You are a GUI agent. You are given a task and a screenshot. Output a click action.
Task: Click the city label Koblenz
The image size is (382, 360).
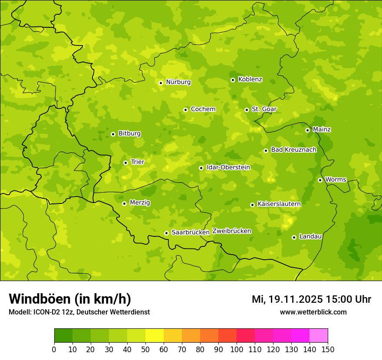pos(250,79)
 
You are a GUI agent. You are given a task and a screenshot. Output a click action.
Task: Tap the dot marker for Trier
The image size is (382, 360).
pos(125,163)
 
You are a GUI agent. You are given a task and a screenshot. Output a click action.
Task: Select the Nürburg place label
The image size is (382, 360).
pos(178,82)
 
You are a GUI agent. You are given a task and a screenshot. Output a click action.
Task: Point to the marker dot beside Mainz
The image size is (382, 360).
pos(307,130)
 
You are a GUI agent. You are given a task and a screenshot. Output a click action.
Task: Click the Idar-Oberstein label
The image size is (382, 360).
pos(228,167)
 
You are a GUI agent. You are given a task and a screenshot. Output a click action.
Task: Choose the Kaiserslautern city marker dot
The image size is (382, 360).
pos(252,205)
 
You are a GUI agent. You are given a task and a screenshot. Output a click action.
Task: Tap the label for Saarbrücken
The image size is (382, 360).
pos(191,232)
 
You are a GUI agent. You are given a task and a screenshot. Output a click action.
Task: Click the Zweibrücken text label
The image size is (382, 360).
pos(232,231)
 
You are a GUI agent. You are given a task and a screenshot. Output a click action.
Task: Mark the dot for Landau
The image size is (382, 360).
pos(294,237)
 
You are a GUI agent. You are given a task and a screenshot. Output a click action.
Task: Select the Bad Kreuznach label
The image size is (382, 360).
pos(293,150)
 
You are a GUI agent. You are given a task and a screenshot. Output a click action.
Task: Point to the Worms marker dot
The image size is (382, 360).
pos(320,180)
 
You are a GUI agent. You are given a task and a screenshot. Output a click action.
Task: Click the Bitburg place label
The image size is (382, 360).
pos(129,134)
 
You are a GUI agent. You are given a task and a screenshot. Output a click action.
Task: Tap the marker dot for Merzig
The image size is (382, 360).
pos(124,203)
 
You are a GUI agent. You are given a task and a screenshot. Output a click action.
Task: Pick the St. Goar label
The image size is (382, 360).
pos(264,109)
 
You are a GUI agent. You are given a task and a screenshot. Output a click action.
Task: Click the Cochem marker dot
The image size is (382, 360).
pos(185,110)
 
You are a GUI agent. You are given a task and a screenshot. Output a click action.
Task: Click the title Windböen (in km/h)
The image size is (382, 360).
pos(70,299)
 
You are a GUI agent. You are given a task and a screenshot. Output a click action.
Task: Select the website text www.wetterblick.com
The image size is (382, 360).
pos(313,312)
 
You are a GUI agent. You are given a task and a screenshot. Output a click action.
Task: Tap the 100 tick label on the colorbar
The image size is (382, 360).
pos(237,349)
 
